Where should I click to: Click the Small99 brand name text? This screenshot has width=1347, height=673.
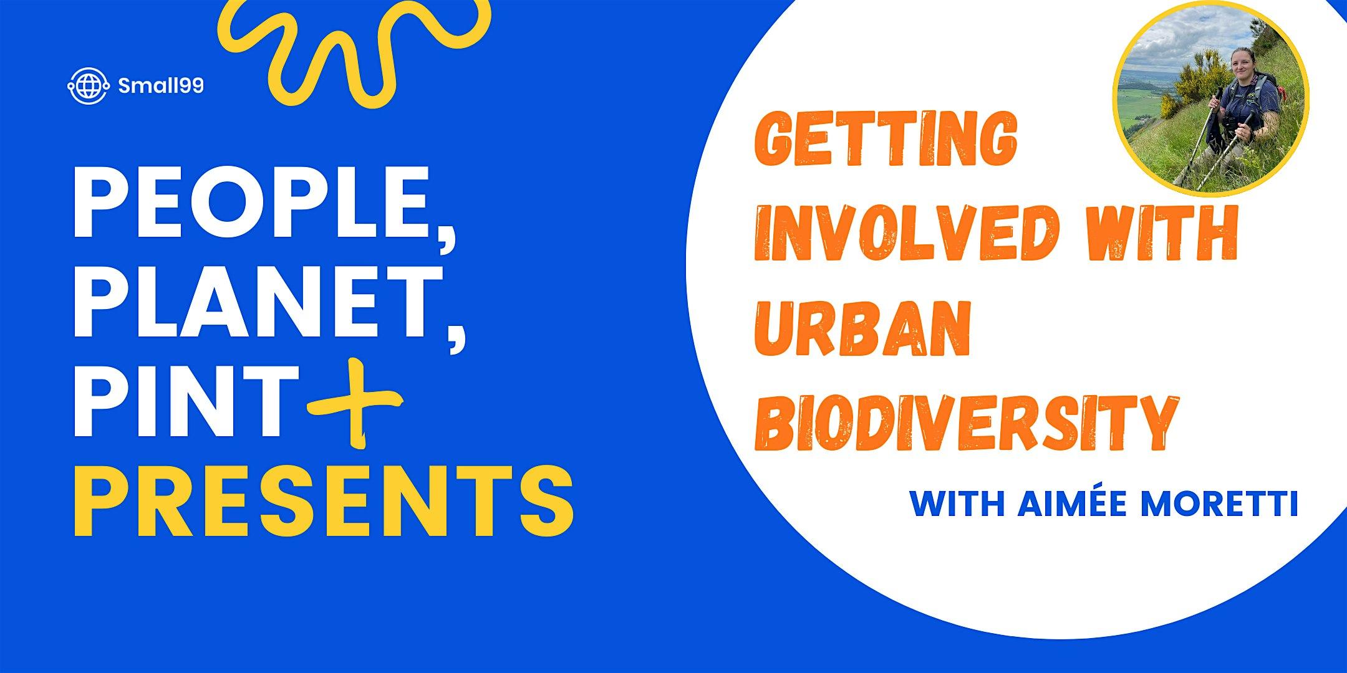tap(160, 87)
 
